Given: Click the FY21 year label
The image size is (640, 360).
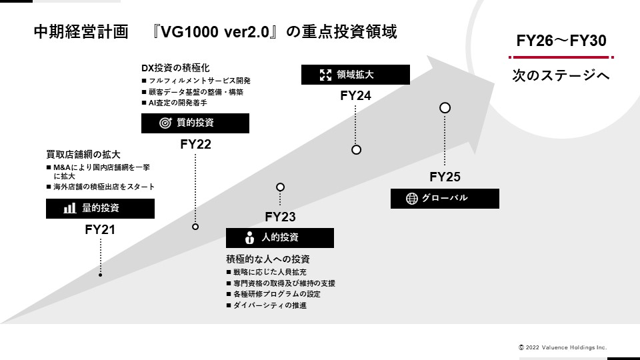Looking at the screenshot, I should click(x=100, y=230).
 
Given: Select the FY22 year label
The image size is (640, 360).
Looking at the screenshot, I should click(x=195, y=145).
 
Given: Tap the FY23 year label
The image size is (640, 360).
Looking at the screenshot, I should click(x=280, y=217).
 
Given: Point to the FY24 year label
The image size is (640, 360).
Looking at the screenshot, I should click(x=355, y=95).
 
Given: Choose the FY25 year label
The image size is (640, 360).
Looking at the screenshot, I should click(x=445, y=177).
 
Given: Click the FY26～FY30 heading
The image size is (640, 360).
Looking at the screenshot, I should click(x=561, y=41).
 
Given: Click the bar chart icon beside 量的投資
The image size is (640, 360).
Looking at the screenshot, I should click(x=69, y=209).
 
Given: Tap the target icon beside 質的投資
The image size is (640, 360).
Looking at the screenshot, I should click(x=165, y=123).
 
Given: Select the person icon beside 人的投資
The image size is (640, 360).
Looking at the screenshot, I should click(x=250, y=238).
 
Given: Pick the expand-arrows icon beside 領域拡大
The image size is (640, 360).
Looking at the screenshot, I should click(x=325, y=75).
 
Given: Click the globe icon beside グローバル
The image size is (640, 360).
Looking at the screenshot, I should click(x=411, y=198).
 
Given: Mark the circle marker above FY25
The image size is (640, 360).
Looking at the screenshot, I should click(x=445, y=107).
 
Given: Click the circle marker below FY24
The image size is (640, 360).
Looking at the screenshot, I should click(x=356, y=150).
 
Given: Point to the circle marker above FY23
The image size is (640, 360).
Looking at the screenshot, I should click(x=280, y=187).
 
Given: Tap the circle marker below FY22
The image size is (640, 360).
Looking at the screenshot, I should click(x=195, y=227).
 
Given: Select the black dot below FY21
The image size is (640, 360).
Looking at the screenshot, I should click(x=100, y=275).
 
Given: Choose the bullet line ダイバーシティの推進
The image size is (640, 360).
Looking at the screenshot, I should click(x=270, y=305).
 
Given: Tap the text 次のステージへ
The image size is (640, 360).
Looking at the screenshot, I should click(x=561, y=76).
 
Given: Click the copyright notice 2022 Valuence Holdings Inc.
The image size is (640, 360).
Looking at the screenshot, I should click(x=563, y=347).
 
